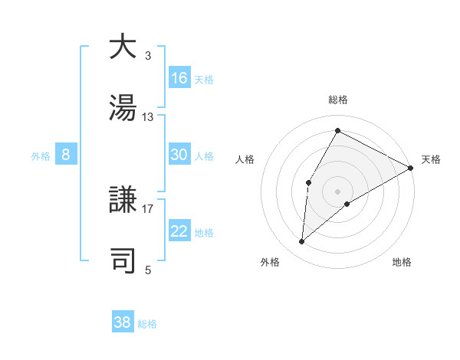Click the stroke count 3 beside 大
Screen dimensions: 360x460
[148, 56]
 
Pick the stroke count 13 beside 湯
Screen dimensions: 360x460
[148, 117]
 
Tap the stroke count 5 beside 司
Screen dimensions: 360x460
[148, 270]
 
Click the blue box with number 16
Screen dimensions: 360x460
[179, 78]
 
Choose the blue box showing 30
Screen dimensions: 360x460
[179, 155]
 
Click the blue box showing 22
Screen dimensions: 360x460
[179, 231]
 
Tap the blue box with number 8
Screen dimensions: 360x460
[66, 155]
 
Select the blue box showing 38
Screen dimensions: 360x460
[123, 322]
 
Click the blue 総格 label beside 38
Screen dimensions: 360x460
[147, 323]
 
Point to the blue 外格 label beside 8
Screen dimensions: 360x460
[41, 155]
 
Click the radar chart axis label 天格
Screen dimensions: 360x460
[431, 159]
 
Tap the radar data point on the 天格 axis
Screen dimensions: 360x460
[411, 168]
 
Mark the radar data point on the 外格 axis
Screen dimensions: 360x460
[302, 242]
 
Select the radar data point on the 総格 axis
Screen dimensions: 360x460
[337, 130]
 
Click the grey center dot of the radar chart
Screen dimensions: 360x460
[337, 191]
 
